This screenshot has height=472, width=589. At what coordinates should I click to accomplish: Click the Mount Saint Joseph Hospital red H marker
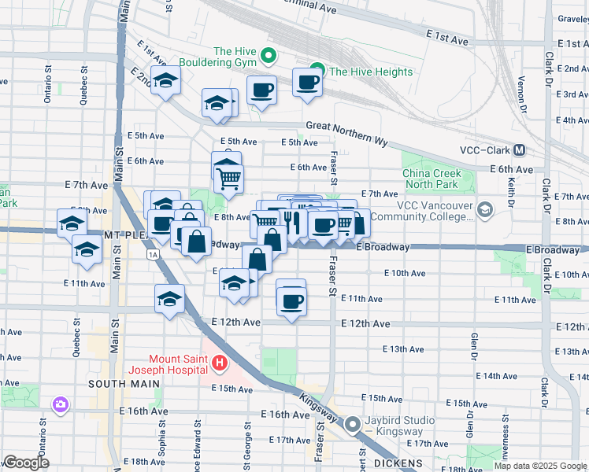coord(220,363)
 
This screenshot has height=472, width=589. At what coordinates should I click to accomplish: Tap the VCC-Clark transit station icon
coord(520,150)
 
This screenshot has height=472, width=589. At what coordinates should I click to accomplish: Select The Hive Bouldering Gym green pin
coord(268,55)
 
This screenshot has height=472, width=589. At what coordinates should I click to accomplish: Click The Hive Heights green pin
coord(317,72)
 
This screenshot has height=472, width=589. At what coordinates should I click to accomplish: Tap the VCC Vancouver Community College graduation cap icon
coord(483,209)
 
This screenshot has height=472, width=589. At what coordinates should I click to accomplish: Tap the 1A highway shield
coord(152,255)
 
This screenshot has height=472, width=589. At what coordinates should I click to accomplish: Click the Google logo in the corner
coord(26,463)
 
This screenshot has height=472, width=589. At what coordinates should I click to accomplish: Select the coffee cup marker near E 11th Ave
coord(291,301)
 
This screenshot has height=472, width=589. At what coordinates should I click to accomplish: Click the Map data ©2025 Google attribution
coord(540,466)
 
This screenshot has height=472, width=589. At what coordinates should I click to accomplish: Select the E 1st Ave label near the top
coord(447,37)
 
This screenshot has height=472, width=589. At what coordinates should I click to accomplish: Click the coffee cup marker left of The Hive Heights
coord(261,90)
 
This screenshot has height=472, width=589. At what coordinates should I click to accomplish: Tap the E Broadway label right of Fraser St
coord(383,247)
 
